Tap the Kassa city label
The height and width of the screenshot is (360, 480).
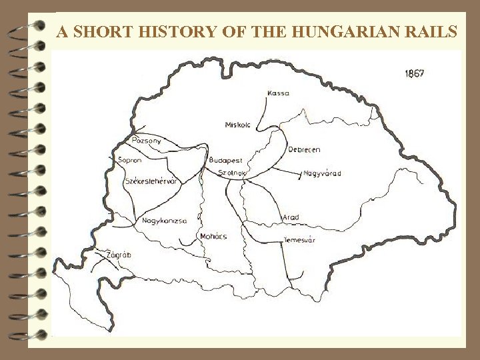point(278,93)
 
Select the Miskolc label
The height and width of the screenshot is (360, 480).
point(238,125)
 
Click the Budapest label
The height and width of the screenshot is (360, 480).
point(225,161)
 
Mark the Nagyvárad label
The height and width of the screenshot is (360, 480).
point(322,173)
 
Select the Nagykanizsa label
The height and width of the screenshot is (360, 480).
point(165,220)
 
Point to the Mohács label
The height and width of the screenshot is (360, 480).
point(213,236)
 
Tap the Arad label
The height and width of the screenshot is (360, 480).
point(291,217)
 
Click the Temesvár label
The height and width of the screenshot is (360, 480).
point(299,240)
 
